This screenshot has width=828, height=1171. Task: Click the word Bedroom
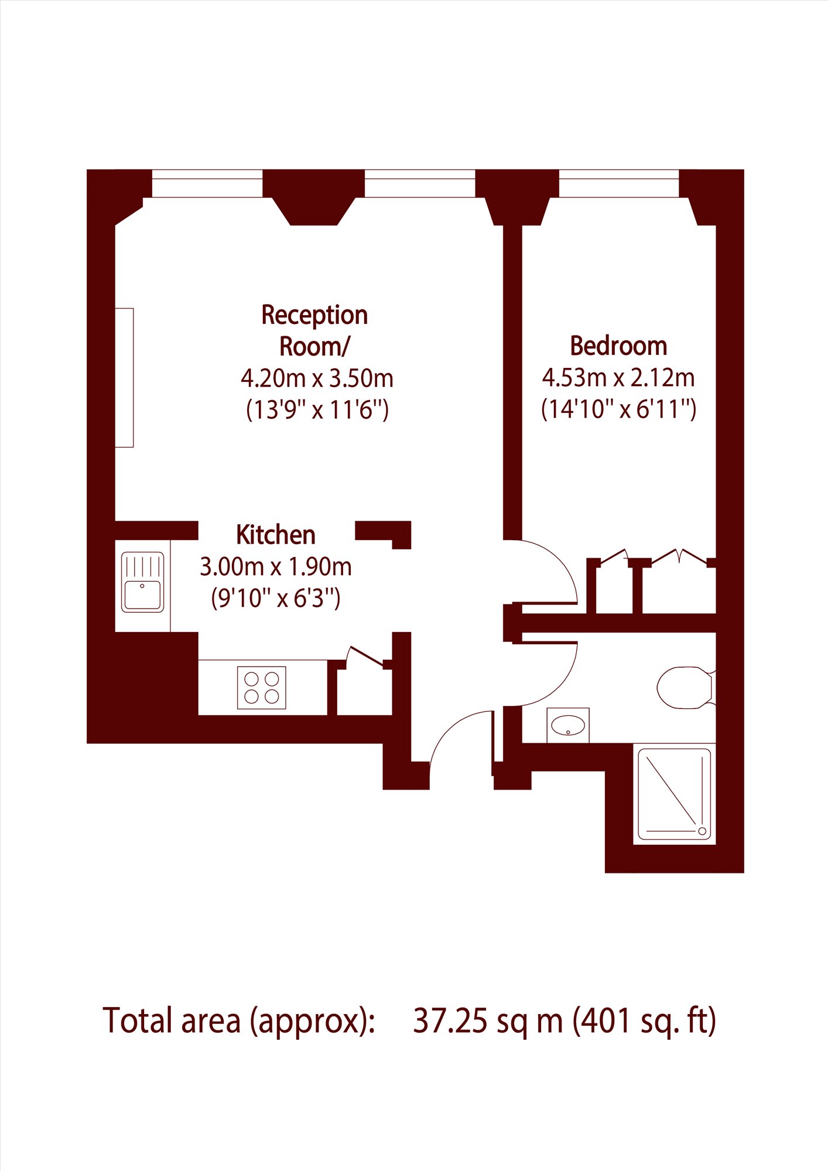click(618, 346)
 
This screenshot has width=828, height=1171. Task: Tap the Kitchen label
click(276, 535)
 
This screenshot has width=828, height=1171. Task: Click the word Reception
click(314, 316)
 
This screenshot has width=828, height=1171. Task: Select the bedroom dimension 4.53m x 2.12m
click(618, 378)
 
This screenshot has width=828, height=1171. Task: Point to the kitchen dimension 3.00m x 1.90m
click(276, 567)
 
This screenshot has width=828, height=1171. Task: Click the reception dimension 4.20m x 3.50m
click(317, 378)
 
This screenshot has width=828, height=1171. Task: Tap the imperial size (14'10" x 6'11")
click(618, 409)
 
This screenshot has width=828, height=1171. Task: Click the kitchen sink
click(142, 583)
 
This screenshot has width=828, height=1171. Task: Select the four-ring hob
click(261, 688)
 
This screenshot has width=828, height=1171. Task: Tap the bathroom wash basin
click(568, 725)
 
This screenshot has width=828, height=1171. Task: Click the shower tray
click(675, 794)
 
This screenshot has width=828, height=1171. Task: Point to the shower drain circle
click(702, 831)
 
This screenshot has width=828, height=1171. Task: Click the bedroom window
click(619, 183)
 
